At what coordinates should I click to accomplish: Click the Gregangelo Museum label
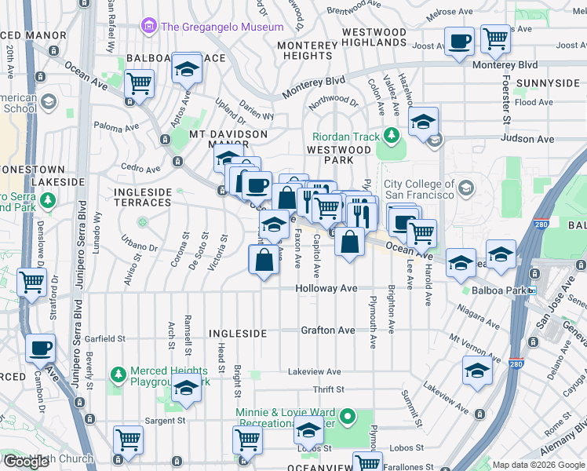click(222, 27)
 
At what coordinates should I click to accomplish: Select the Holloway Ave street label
click(326, 289)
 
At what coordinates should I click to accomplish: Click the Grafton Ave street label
click(328, 330)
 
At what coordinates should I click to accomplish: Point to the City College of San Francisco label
click(419, 189)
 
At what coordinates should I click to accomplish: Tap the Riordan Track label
click(346, 137)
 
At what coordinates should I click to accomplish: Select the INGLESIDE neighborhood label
click(238, 334)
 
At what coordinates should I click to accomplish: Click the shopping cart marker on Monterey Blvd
click(495, 38)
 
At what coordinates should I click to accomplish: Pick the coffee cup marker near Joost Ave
click(460, 40)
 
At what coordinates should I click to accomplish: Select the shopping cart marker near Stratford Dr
click(32, 282)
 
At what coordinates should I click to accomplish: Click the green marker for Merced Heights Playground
click(118, 371)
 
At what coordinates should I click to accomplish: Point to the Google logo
click(26, 462)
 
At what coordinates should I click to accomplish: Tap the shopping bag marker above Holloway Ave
click(265, 258)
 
